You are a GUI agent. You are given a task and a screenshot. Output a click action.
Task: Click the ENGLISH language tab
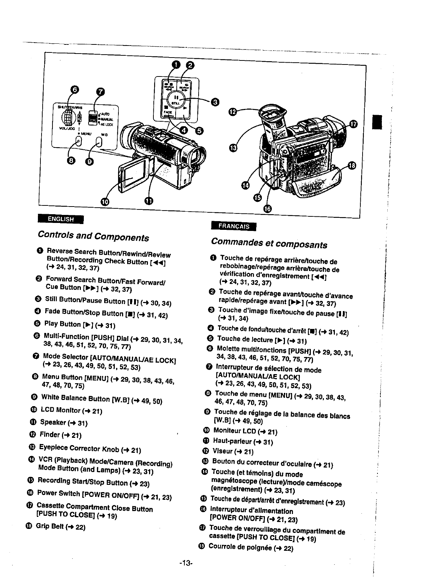tap(60, 219)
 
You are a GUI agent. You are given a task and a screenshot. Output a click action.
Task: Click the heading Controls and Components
tap(93, 236)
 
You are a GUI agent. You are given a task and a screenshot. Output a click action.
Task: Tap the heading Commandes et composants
tap(269, 243)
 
